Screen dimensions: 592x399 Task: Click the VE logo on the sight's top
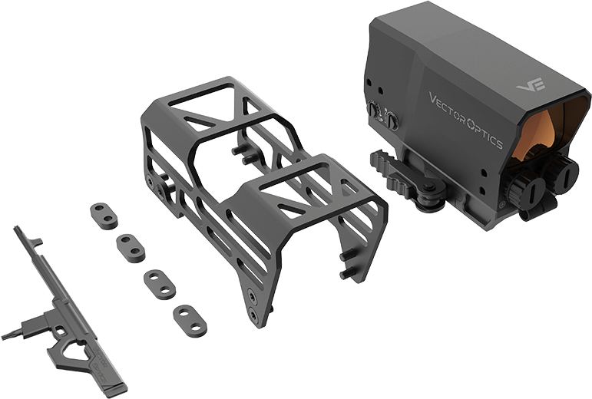click(x=531, y=84)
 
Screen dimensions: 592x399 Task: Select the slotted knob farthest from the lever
click(x=564, y=172)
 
